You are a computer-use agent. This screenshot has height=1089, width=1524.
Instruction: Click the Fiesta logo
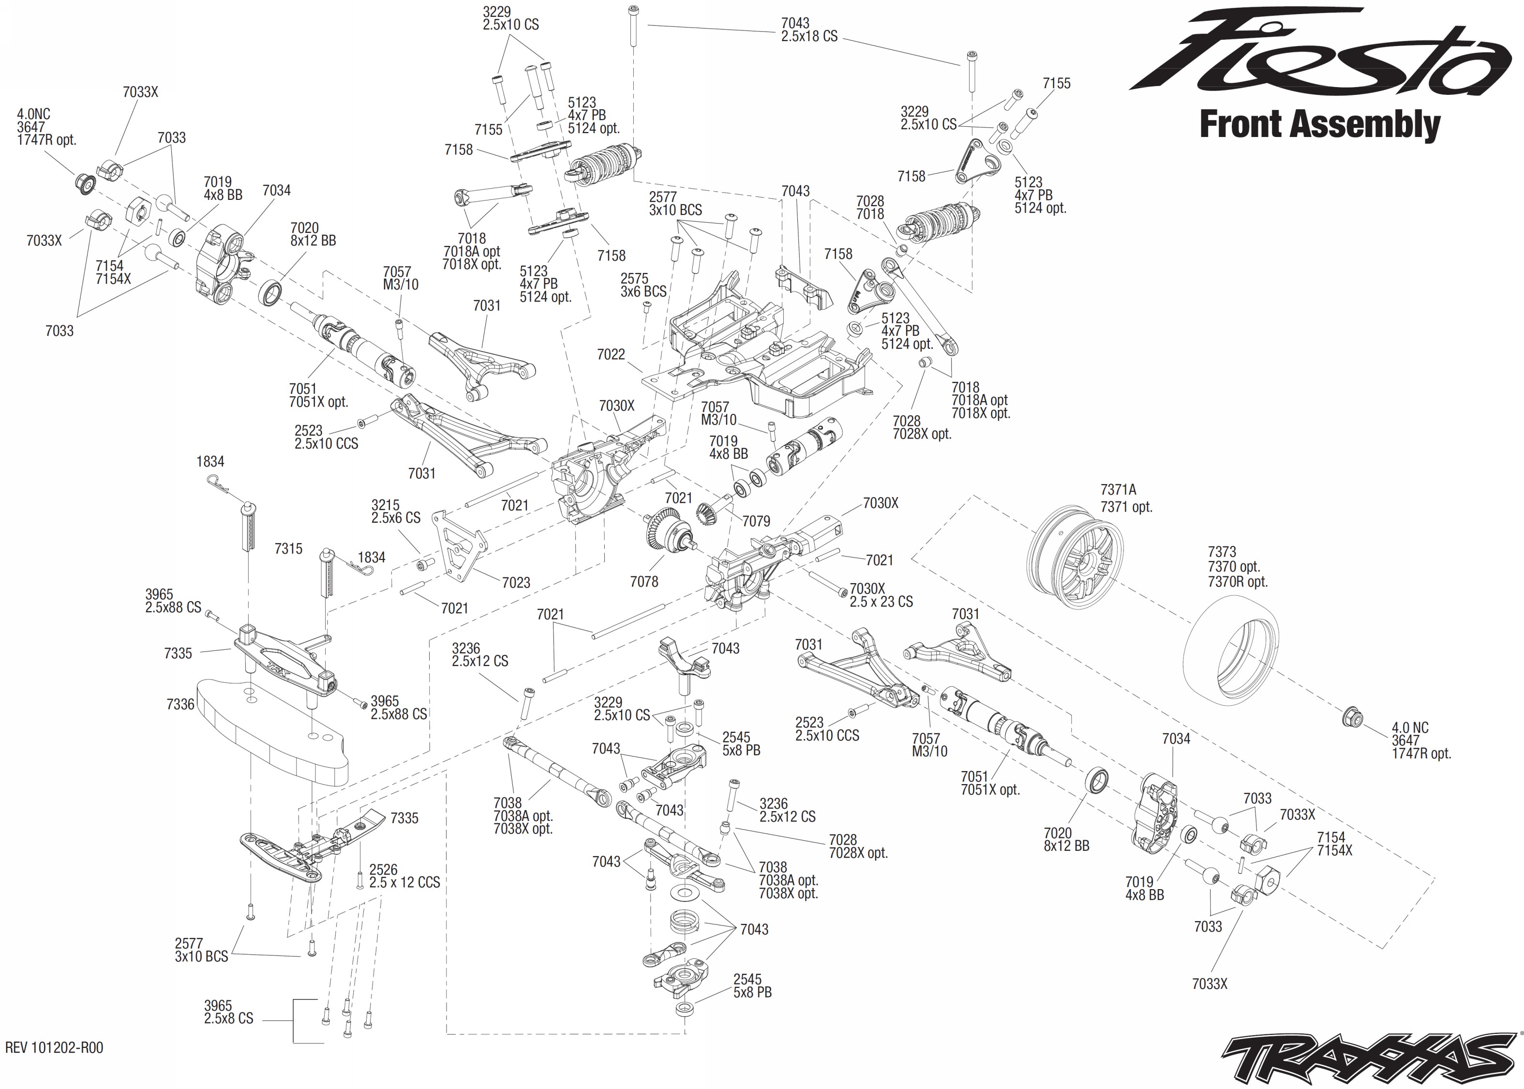(1320, 54)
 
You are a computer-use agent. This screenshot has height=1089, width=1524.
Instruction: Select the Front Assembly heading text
(1319, 125)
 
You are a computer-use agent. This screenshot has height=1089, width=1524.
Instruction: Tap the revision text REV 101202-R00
(54, 1047)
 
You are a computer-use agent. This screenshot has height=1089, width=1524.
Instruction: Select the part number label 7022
(611, 354)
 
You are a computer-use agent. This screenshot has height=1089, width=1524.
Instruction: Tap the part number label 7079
(756, 521)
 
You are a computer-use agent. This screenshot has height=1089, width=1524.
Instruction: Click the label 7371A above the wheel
(1118, 490)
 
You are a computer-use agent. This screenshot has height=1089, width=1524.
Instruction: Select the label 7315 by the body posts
(288, 548)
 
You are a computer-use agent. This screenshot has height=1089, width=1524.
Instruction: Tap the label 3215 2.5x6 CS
(395, 511)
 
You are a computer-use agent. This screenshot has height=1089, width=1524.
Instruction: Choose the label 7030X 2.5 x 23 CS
(881, 595)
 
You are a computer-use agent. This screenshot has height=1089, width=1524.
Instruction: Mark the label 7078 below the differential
(643, 581)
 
